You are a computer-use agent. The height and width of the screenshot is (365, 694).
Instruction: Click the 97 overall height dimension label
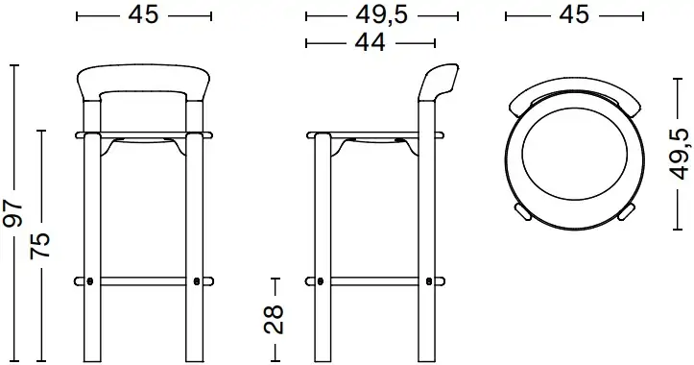tap(12, 213)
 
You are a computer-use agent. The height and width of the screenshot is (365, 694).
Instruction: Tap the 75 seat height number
tap(40, 245)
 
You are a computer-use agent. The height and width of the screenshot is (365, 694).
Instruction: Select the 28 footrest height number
tap(274, 319)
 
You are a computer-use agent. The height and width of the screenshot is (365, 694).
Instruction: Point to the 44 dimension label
tap(371, 42)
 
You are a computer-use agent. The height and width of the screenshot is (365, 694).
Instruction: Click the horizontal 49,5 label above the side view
tap(381, 16)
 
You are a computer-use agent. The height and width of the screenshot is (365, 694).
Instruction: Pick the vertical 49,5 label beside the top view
tap(681, 154)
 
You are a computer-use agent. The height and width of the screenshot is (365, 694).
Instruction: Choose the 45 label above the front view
tap(143, 16)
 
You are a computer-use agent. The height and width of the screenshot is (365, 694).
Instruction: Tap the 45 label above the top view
tap(574, 16)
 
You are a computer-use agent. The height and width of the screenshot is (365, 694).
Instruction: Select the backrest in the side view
tap(438, 82)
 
